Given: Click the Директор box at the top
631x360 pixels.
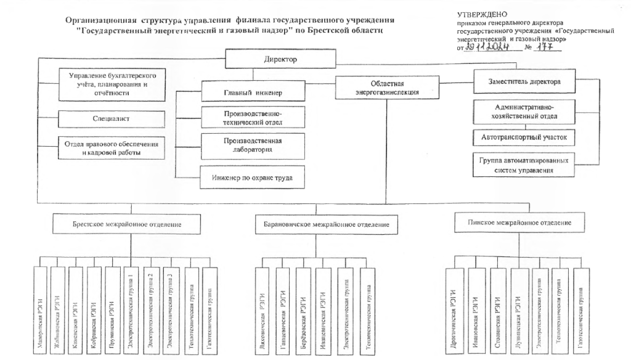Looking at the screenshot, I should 280,60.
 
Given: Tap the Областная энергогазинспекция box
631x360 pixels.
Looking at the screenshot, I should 378,87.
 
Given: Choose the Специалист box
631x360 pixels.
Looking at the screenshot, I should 112,116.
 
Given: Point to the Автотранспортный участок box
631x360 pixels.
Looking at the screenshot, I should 524,136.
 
